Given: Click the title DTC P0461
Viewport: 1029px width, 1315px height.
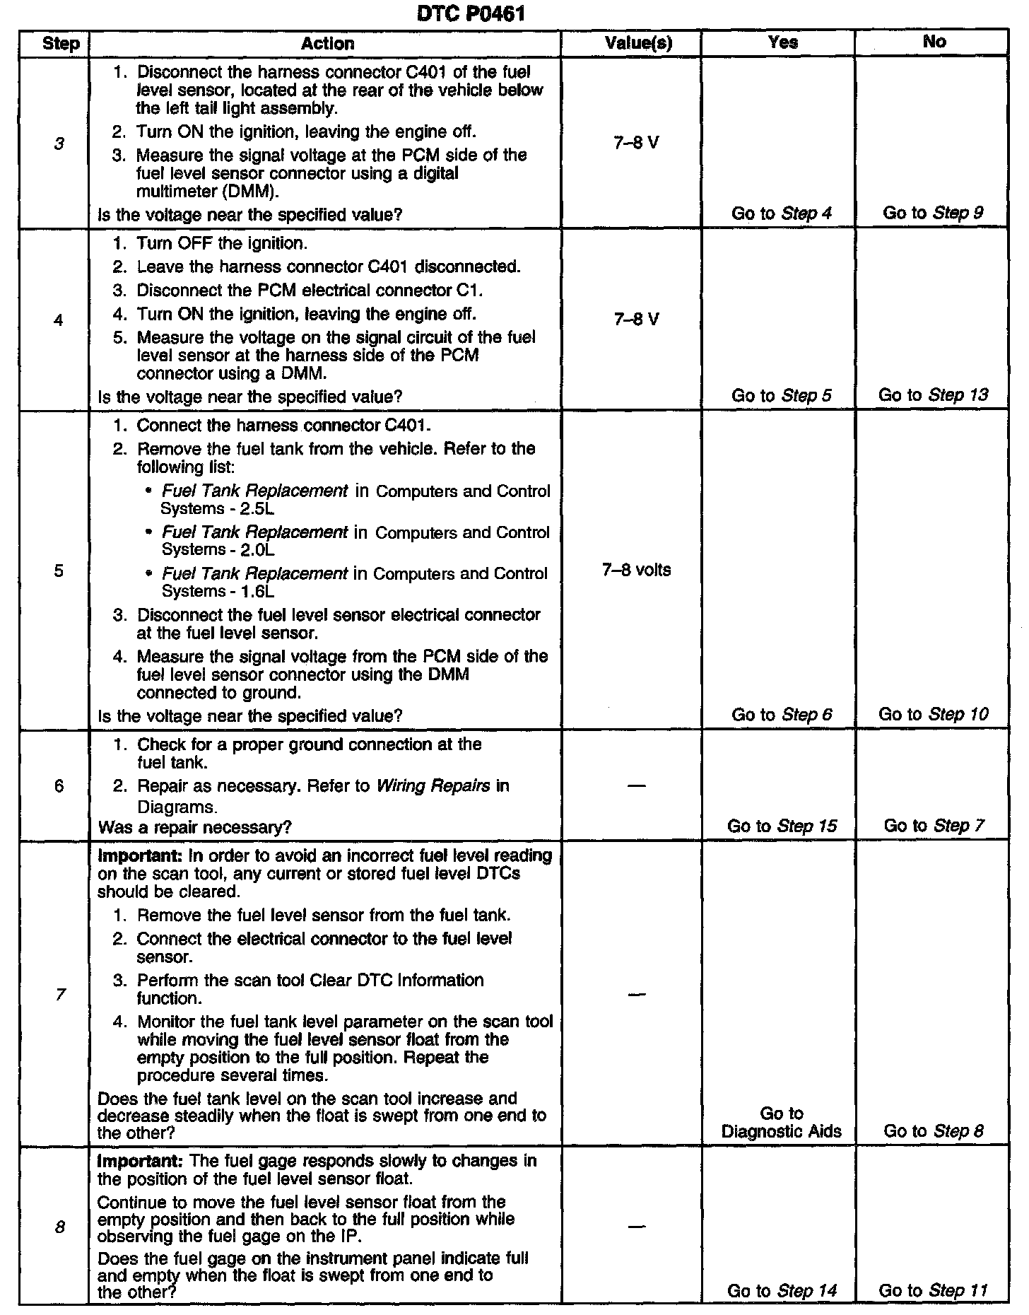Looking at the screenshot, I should pos(471,13).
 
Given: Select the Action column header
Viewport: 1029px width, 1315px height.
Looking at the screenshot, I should pos(327,44).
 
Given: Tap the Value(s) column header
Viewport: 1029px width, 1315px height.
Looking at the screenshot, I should pos(638,44).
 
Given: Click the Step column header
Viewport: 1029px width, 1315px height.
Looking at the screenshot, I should pos(61,44).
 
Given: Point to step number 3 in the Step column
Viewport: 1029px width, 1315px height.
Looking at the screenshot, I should pos(59,144).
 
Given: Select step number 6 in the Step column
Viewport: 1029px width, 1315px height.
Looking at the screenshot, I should pos(59,786).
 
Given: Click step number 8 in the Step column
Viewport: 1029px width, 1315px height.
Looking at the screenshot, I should pos(59,1227).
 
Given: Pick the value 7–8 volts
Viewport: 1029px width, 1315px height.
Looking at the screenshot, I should pos(636,570).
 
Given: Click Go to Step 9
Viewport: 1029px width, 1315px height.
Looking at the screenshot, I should pos(933,213).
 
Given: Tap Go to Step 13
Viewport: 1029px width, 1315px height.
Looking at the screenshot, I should pos(933,395).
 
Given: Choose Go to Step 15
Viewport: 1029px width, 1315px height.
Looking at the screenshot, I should pos(782,826).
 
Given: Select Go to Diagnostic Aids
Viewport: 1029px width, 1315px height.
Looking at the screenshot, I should pos(782,1123).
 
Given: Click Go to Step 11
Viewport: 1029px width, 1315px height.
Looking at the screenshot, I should pos(933,1291).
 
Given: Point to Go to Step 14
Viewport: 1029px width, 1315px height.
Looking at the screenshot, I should pos(782,1291).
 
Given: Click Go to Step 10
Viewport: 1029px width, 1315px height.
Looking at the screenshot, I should pos(933,715).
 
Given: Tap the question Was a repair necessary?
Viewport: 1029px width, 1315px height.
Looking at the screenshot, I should pos(194,827).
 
